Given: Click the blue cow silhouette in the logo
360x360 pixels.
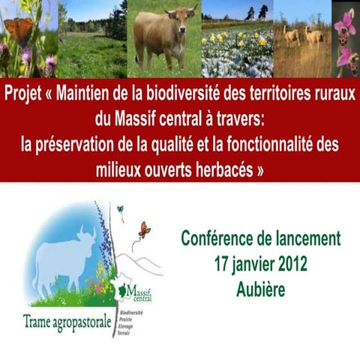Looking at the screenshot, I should point(64,255).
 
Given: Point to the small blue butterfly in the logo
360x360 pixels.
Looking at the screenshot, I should point(120,209).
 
